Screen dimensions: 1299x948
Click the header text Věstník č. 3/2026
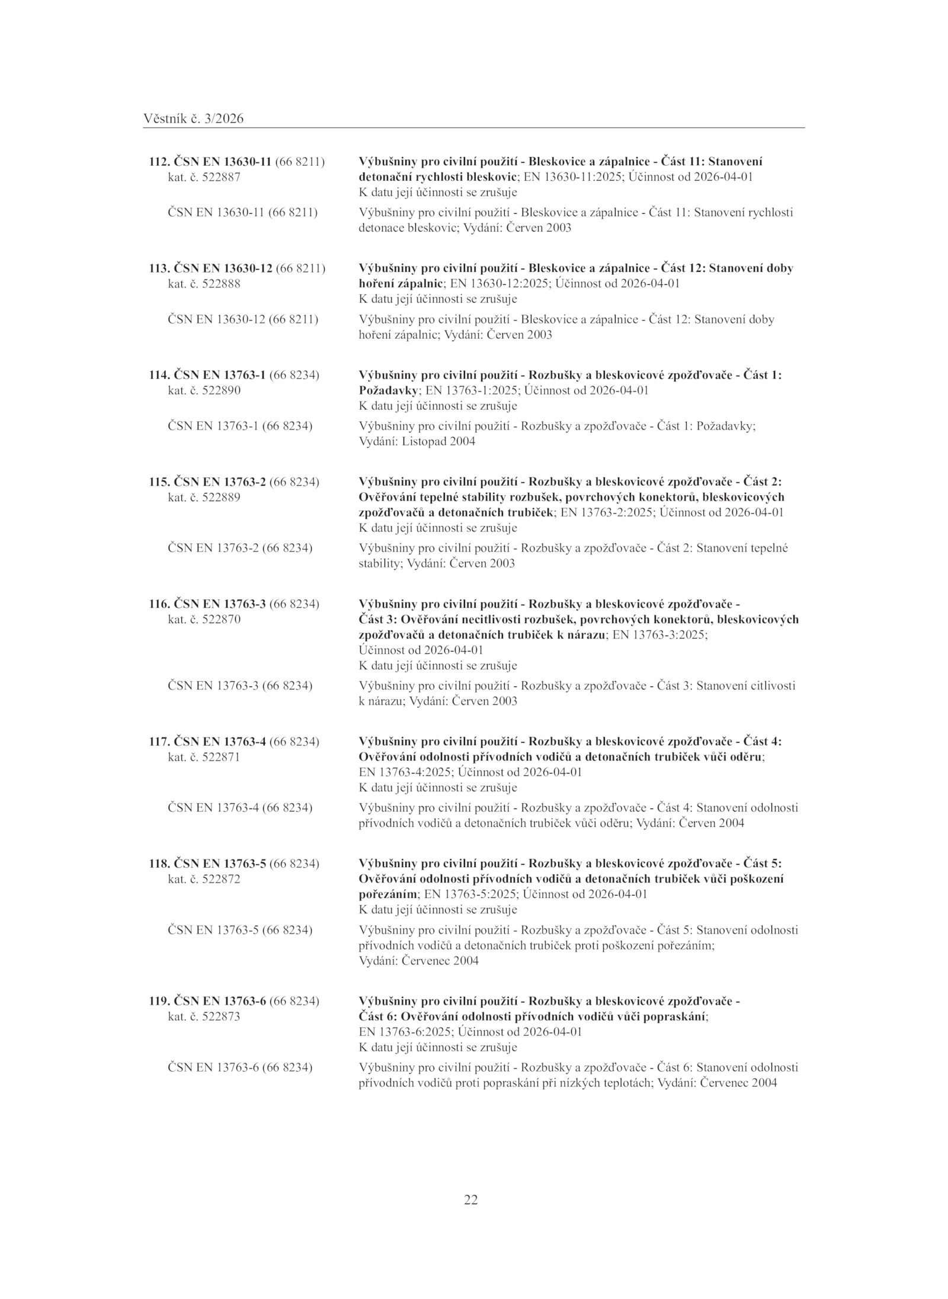(x=193, y=119)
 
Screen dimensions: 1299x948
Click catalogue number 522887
(x=221, y=177)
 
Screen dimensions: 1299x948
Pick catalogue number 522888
(x=221, y=284)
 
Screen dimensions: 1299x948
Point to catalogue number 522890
(x=221, y=390)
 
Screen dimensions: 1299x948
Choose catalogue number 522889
(x=221, y=498)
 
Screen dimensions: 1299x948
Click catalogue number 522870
(x=221, y=620)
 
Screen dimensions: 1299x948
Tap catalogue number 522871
(x=221, y=757)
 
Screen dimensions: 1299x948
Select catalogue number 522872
(x=221, y=879)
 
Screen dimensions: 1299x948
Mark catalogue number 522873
(x=221, y=1016)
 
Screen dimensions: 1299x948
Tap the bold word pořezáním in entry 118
(x=388, y=894)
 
